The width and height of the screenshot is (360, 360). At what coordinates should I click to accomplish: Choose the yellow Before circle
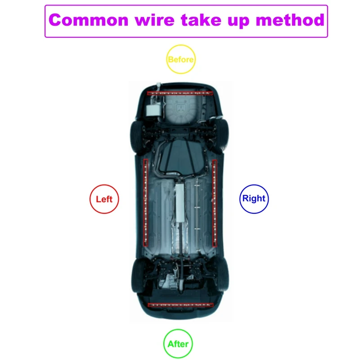180,59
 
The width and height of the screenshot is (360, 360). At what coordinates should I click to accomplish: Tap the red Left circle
104,198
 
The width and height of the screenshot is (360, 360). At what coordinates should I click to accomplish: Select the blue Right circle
254,198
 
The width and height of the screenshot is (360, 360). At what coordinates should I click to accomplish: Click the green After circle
178,344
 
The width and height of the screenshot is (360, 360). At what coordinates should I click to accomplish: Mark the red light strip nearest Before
180,93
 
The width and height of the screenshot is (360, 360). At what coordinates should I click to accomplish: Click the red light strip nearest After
180,305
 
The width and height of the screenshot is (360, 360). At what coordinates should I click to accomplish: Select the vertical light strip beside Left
145,202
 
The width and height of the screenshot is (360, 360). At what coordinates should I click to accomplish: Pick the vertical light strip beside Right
215,202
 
